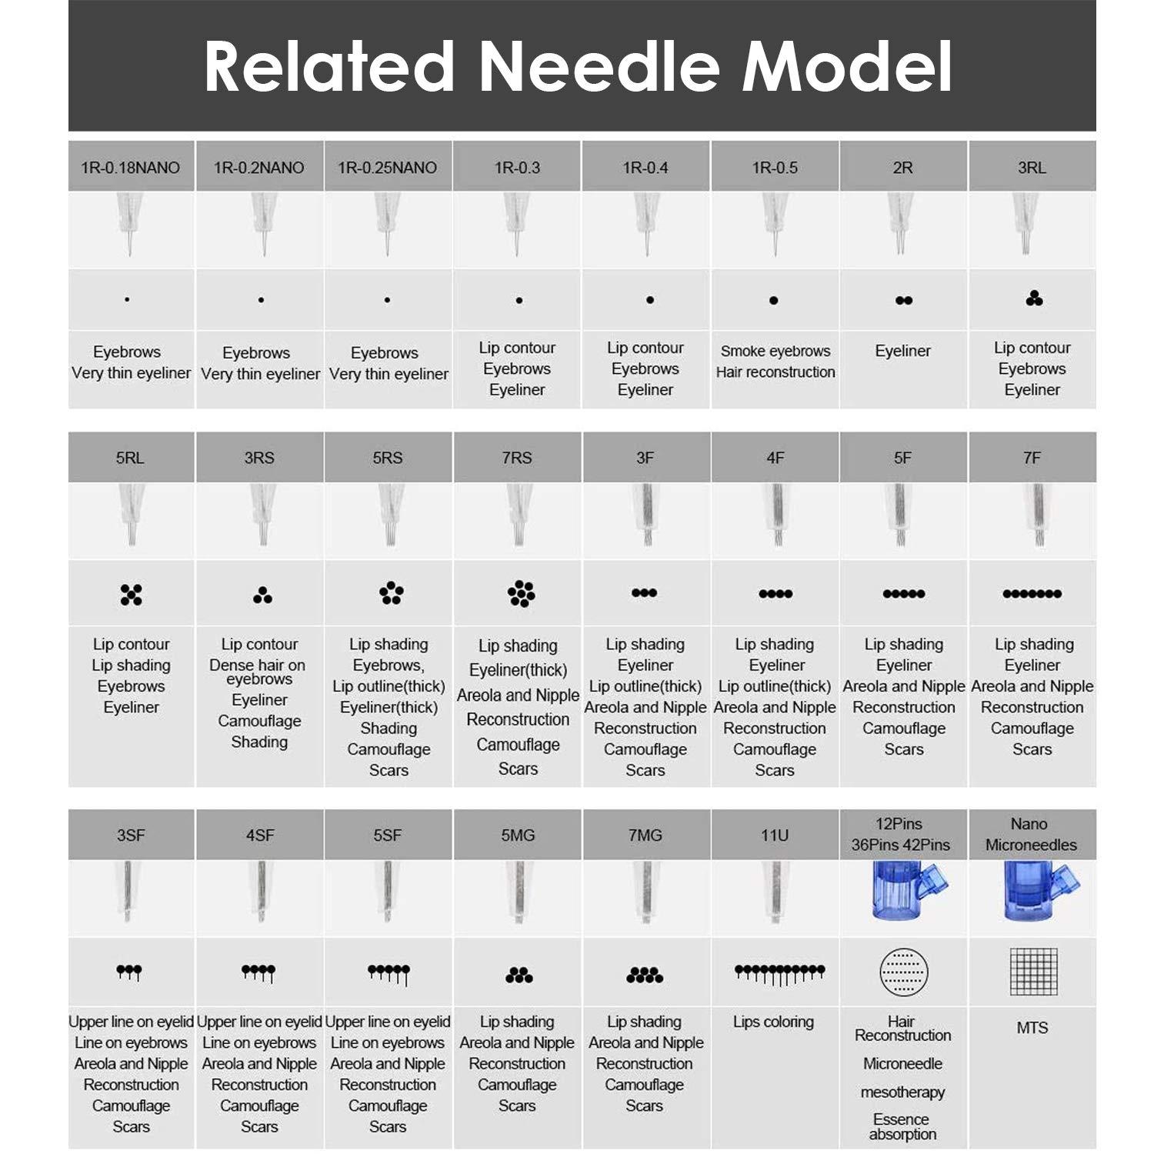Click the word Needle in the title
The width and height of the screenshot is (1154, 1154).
coord(600,67)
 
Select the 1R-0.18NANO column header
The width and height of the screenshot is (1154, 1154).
coord(131,168)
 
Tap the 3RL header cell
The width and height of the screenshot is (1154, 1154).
coord(1032,168)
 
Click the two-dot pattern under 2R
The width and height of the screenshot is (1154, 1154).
coord(904,300)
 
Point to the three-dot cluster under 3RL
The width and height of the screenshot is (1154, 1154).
coord(1034,299)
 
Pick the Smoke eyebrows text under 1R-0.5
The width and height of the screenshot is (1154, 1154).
coord(775,352)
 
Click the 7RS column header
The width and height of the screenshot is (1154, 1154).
coord(517,458)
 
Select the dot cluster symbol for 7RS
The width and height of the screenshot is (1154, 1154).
coord(521,593)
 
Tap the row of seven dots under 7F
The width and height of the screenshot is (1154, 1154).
coord(1032,593)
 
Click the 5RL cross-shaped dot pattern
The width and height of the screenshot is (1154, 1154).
coord(132,594)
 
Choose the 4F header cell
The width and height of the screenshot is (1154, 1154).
coord(775,458)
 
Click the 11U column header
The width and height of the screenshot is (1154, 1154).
coord(775,835)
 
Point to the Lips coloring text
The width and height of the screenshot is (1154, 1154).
coord(773,1022)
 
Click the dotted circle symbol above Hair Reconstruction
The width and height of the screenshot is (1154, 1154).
coord(904,972)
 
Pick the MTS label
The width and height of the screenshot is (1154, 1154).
coord(1032,1028)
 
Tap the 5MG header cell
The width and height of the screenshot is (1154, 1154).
coord(518,835)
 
